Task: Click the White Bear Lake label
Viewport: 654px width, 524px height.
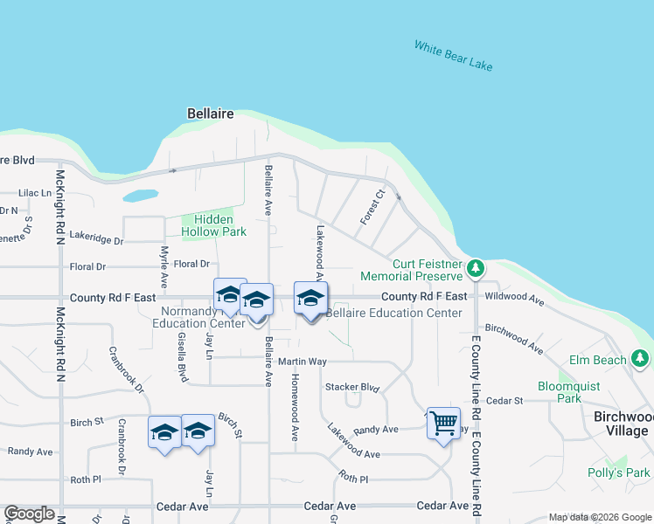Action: coord(453,56)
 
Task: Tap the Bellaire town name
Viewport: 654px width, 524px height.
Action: coord(210,114)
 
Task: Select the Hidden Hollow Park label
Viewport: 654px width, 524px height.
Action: coord(213,225)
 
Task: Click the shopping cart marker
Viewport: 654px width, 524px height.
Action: coord(443,423)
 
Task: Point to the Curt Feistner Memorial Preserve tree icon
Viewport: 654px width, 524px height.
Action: coord(475,267)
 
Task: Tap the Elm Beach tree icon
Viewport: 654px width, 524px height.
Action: coord(640,358)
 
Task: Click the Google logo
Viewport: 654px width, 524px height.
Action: coord(29,514)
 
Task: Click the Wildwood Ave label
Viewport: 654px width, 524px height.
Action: coord(514,298)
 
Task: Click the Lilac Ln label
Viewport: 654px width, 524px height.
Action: coord(36,192)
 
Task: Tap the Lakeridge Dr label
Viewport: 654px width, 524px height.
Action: coord(96,237)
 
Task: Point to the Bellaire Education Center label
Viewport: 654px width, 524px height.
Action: coord(393,313)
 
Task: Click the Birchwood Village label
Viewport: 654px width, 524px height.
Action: coord(621,424)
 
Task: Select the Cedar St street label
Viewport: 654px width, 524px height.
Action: coord(504,400)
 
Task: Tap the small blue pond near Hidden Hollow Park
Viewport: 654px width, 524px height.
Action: coord(140,196)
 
